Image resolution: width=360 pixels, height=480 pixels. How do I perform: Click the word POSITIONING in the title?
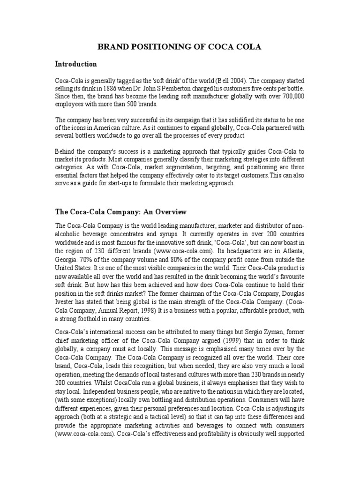(x=154, y=47)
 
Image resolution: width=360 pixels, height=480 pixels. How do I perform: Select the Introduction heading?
(x=76, y=64)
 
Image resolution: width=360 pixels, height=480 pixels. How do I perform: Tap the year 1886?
(x=118, y=88)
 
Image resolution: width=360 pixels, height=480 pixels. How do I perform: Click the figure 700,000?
(x=292, y=96)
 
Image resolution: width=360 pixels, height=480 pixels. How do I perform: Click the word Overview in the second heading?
(x=170, y=212)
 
